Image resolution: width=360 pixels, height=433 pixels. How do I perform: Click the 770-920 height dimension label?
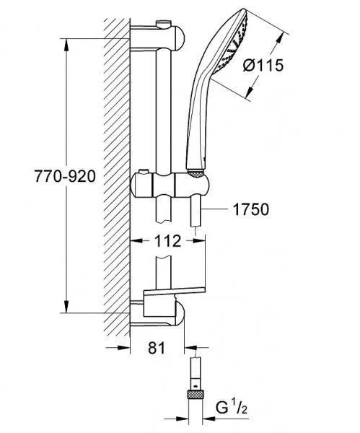65,176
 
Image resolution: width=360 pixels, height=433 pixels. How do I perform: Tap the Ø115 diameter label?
263,66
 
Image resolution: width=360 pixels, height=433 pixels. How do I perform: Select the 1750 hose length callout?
250,209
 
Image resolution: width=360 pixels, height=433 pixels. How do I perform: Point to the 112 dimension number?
167,241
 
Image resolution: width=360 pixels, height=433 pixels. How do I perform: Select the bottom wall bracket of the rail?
157,314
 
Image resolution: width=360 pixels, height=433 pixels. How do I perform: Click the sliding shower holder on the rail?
170,185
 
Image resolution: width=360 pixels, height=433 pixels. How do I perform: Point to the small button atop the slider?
143,172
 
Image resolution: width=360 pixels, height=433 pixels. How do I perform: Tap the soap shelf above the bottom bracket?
174,291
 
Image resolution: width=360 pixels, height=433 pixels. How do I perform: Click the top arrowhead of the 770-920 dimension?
66,45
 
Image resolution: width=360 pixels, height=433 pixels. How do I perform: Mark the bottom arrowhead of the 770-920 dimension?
66,307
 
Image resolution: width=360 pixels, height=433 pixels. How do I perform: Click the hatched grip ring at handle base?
196,173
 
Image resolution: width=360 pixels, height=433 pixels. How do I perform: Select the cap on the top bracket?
163,24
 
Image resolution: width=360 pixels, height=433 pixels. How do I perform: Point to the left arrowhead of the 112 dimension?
136,241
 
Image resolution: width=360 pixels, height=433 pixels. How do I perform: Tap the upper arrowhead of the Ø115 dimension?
281,39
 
